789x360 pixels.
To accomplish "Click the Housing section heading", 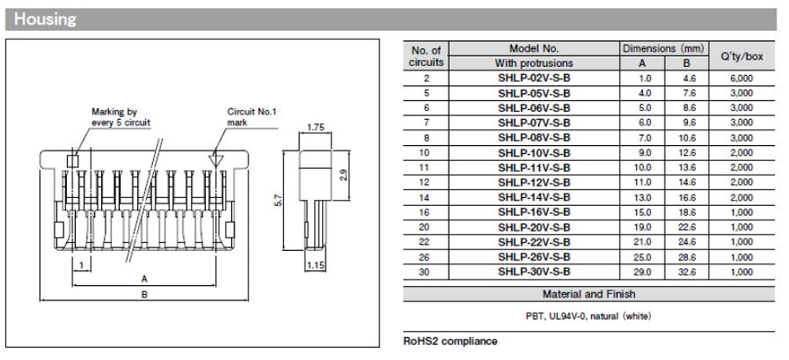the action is tap(45, 19).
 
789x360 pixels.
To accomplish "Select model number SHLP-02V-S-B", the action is tap(534, 78).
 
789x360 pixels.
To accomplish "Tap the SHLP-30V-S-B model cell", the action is tap(534, 272).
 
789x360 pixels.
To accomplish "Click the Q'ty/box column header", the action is tap(742, 56).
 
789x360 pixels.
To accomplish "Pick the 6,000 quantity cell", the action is tap(742, 78).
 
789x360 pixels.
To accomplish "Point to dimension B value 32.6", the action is tap(687, 272).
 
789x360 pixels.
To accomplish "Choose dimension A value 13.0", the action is tap(642, 197).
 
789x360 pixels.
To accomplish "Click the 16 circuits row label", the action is tap(426, 212).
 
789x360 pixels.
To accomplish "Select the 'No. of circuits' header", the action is tap(426, 56).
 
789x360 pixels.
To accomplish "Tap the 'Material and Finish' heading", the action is tap(589, 294).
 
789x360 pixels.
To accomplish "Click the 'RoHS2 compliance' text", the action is tap(451, 341).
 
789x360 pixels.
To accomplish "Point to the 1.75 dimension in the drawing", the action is tap(316, 127).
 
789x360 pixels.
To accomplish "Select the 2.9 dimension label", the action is tap(344, 175).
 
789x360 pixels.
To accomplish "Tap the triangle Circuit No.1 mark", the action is tap(216, 159).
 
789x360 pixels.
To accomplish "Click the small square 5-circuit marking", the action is tap(73, 160).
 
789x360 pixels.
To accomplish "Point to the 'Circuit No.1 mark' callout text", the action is tap(252, 117).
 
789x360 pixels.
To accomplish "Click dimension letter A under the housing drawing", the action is tap(144, 279).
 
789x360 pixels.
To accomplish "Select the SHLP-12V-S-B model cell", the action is tap(534, 182).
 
